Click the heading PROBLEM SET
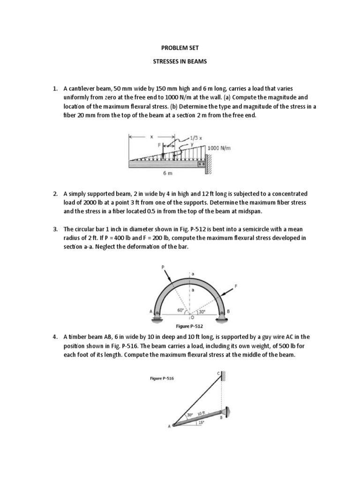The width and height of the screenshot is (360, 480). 180,47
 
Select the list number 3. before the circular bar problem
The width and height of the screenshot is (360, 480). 55,229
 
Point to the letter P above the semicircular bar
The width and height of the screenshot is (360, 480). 164,266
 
